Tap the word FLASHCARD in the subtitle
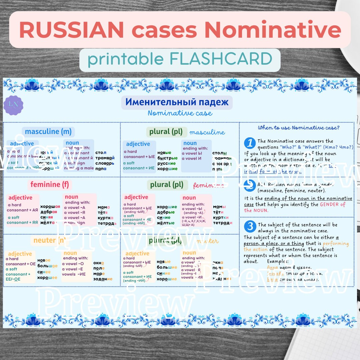[221, 59]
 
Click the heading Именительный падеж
[177, 102]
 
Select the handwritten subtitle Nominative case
[180, 113]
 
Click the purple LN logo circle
[13, 105]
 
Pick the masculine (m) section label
[48, 132]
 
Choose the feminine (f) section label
[50, 184]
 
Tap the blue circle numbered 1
[250, 143]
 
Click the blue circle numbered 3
[250, 227]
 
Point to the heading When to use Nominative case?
[299, 128]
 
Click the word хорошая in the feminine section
[50, 206]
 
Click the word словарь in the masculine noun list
[105, 163]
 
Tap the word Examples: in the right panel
[278, 261]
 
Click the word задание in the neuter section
[103, 279]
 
